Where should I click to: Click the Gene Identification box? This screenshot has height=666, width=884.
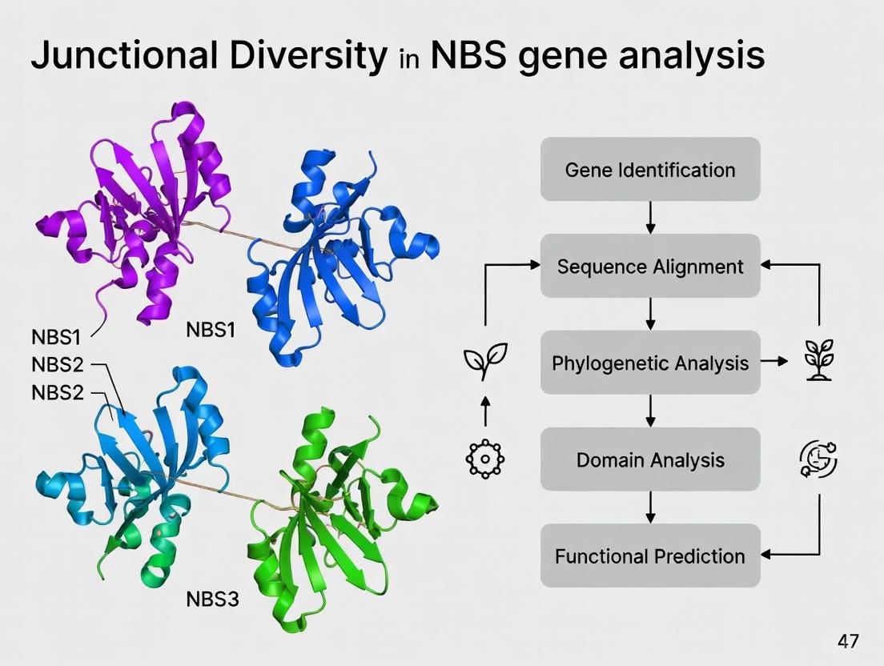649,170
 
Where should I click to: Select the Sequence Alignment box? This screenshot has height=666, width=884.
649,266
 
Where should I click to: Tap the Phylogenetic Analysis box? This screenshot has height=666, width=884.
649,363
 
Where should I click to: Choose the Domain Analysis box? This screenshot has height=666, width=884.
649,459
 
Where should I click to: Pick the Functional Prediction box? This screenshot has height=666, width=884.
649,556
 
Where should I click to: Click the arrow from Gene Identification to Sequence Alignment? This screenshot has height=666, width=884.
650,217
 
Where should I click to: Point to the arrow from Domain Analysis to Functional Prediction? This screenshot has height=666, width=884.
650,507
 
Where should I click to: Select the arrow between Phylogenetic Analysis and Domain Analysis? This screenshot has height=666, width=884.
650,411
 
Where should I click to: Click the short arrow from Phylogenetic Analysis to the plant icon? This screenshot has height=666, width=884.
774,363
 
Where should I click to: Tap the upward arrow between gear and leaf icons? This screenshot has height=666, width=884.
484,411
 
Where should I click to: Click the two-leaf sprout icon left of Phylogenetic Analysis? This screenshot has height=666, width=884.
484,363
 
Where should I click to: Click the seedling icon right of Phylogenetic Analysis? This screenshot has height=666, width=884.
818,361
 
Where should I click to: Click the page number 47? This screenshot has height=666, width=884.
848,640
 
